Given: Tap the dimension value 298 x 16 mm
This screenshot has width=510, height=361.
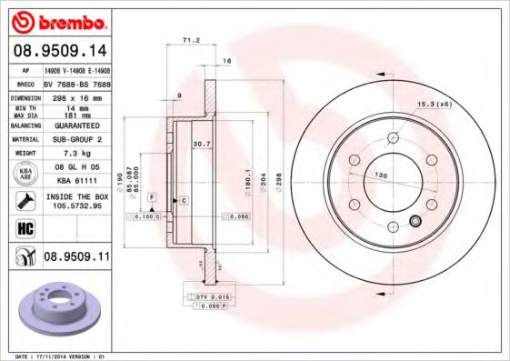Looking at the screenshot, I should [75, 95].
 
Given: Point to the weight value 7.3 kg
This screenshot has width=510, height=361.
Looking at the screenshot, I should [75, 154].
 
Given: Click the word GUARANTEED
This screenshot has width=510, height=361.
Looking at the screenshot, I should [75, 125].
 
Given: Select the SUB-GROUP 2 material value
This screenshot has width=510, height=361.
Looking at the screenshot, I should [75, 139].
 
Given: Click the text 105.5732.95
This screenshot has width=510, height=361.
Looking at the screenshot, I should [75, 206].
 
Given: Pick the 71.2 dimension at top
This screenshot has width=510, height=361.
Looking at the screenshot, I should [192, 41].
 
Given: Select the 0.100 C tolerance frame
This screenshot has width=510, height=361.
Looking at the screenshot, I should [146, 217].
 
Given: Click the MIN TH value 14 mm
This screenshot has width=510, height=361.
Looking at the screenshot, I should [75, 107].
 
